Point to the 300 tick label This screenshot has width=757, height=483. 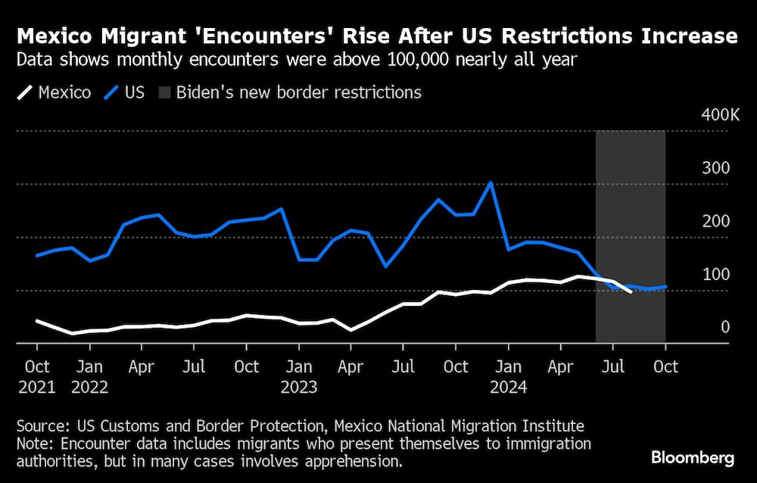tap(716, 168)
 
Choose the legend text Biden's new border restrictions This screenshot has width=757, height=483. tap(298, 93)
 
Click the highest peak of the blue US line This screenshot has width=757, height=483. tap(491, 182)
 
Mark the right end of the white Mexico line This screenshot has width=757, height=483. tap(631, 291)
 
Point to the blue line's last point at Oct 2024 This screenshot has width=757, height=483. tap(665, 286)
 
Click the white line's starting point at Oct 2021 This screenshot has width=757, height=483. tap(37, 320)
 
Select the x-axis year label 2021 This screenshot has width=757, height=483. tap(37, 387)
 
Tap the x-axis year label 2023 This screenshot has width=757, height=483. tap(298, 387)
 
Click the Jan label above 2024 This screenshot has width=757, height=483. tap(508, 367)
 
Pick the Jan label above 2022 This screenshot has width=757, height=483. tap(89, 367)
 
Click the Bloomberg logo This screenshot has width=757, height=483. tap(692, 457)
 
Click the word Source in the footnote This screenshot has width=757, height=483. tap(44, 426)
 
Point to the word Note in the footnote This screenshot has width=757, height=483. tap(38, 444)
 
